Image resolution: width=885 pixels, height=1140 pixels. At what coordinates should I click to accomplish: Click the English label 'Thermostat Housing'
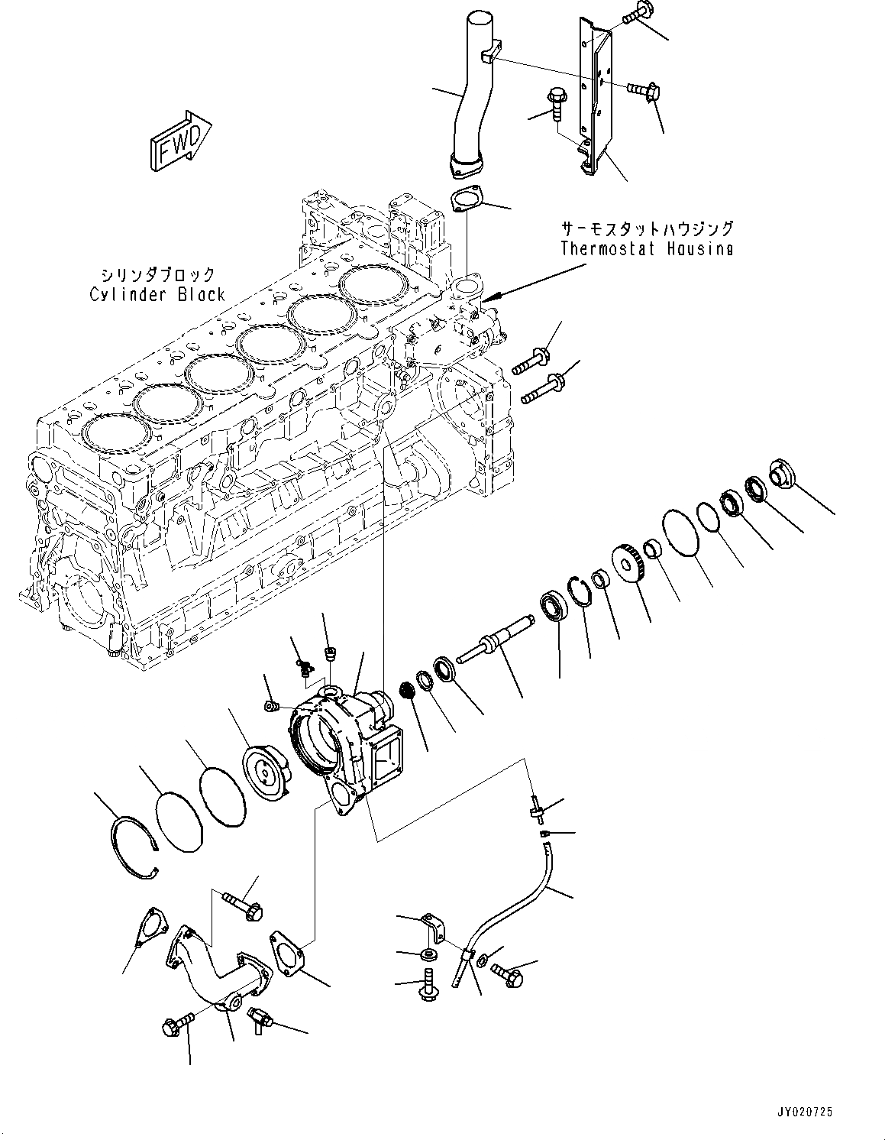pyautogui.click(x=646, y=248)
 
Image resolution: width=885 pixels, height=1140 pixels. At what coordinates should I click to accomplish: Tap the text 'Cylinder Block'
pyautogui.click(x=157, y=294)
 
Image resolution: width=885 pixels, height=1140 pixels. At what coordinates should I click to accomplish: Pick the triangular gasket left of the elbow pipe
pyautogui.click(x=151, y=929)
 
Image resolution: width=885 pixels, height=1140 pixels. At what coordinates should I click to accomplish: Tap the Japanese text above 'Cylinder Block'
pyautogui.click(x=157, y=274)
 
